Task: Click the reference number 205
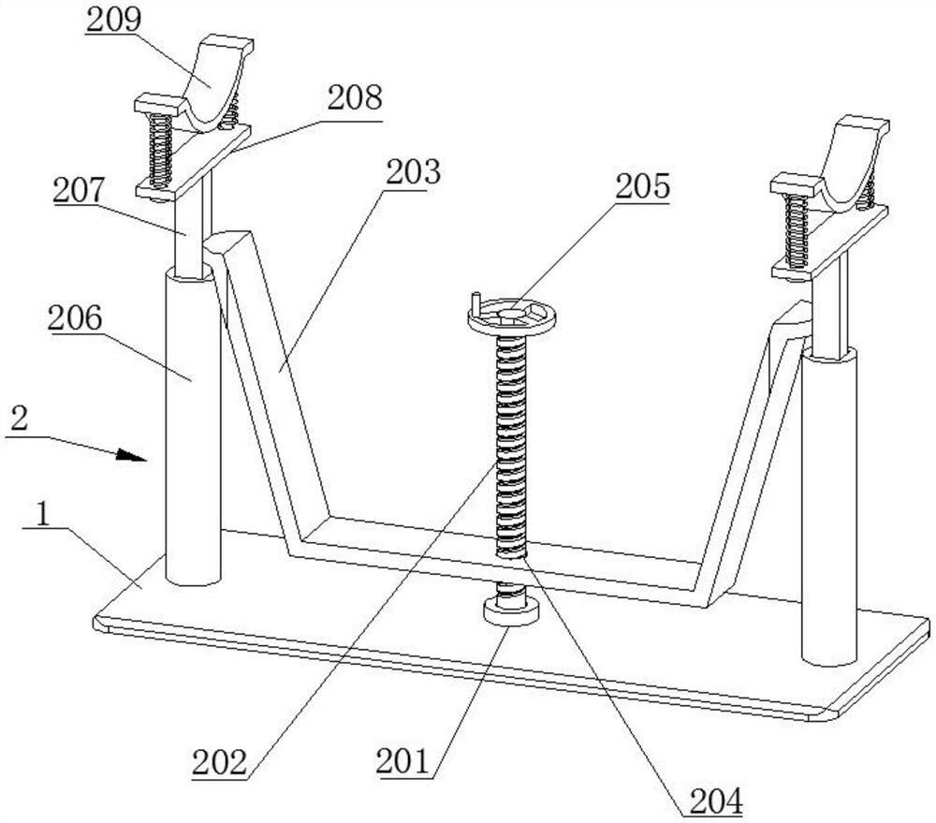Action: click(642, 186)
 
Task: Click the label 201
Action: click(402, 762)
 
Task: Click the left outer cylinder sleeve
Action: click(194, 426)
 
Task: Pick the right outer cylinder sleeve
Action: click(829, 506)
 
